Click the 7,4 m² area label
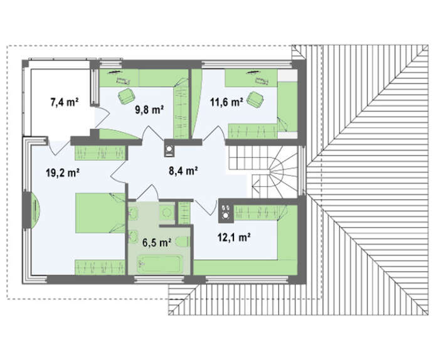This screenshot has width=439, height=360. coord(64,102)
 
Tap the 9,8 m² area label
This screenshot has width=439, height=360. coord(149,110)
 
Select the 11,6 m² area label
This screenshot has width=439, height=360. coord(226,102)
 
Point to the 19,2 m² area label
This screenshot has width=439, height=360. coord(63,172)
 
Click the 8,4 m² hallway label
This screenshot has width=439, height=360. coord(184,170)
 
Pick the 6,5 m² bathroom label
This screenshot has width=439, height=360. coord(157,243)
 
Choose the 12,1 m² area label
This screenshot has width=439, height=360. coord(234,238)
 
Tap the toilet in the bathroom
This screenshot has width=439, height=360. coord(182,241)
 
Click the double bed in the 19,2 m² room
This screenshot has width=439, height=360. coord(100,213)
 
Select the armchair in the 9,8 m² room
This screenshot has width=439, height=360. coord(126,96)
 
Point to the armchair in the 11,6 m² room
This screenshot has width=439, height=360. coord(255,99)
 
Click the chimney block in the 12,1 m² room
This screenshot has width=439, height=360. coord(226,211)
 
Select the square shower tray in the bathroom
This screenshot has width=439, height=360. coord(167,213)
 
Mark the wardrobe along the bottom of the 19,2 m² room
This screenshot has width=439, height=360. coord(100,267)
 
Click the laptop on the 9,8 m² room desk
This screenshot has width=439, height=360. coord(123,82)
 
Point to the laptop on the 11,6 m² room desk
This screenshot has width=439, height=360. coord(262,82)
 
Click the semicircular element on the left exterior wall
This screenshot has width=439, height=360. coord(35,209)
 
